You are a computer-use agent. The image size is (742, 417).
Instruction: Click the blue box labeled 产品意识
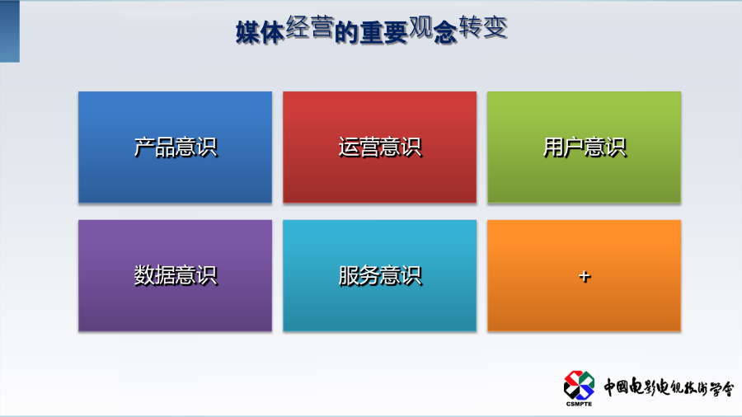[175, 147]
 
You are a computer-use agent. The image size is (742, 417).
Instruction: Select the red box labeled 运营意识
[379, 147]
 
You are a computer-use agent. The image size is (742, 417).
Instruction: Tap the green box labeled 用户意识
[584, 147]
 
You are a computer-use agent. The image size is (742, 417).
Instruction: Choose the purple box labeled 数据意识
[175, 275]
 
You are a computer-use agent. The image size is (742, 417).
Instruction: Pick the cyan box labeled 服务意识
[379, 275]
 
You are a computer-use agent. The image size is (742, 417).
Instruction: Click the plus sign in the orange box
[585, 276]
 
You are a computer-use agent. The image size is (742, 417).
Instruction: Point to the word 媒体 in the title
[260, 33]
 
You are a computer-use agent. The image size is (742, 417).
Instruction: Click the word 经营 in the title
[310, 26]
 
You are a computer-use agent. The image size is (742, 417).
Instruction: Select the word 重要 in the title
[383, 33]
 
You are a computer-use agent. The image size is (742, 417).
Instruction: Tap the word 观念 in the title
[433, 30]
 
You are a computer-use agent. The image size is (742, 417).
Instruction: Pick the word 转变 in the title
[483, 26]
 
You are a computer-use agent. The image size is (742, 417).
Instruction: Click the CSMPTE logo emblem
[579, 386]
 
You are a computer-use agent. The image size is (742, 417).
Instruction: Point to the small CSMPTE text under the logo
[579, 404]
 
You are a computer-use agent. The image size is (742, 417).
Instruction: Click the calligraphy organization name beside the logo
[668, 387]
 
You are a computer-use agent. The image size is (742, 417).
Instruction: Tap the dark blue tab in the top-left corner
[9, 31]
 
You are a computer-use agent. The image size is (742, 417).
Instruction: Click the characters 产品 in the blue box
[154, 147]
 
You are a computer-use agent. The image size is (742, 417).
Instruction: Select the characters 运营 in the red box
[359, 147]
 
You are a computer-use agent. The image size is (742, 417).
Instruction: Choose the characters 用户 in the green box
[563, 147]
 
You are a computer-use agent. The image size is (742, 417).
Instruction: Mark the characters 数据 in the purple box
[154, 275]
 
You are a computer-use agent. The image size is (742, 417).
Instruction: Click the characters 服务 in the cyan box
[359, 275]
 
